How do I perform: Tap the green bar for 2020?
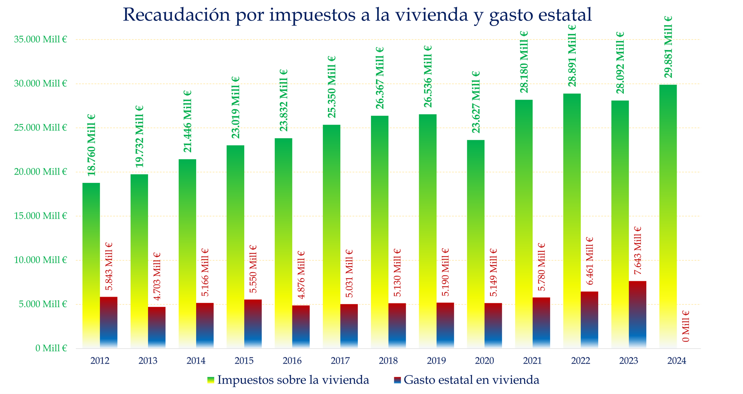pos(475,244)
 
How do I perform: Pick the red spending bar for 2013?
pos(157,327)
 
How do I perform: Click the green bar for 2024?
pos(668,216)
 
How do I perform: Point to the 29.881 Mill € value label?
pos(668,47)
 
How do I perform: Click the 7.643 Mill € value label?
pos(637,251)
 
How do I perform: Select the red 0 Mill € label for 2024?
pos(685,326)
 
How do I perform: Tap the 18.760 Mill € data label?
pos(91,145)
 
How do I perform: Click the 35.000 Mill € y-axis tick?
pos(40,39)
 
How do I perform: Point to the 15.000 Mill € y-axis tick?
pos(40,216)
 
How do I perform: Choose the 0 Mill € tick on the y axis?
pos(51,348)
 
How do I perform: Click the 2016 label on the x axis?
pos(292,361)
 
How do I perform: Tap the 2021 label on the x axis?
pos(532,361)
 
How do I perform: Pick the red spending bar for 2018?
pos(397,326)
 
